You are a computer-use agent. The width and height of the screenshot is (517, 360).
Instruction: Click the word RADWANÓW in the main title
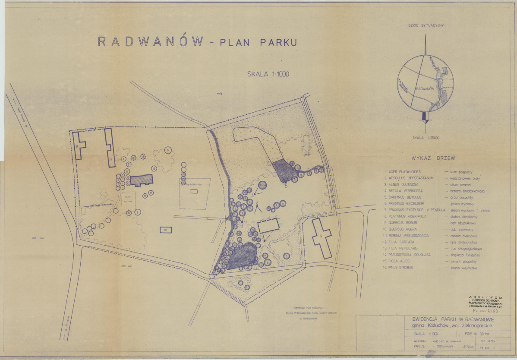151,41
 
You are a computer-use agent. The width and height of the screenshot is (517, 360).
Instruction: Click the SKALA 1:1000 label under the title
268,74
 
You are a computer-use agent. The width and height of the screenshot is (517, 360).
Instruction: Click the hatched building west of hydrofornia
142,180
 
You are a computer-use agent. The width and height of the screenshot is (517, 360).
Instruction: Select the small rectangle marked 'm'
165,230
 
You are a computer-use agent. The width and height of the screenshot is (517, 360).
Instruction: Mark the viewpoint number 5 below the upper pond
286,186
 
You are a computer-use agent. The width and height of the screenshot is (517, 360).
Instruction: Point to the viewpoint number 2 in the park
257,202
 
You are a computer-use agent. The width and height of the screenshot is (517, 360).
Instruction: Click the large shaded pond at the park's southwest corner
241,256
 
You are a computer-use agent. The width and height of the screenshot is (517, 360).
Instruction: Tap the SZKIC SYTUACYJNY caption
426,25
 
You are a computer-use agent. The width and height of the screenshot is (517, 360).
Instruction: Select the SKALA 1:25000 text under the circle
426,138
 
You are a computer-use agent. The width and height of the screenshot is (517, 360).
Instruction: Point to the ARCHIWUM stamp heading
486,297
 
